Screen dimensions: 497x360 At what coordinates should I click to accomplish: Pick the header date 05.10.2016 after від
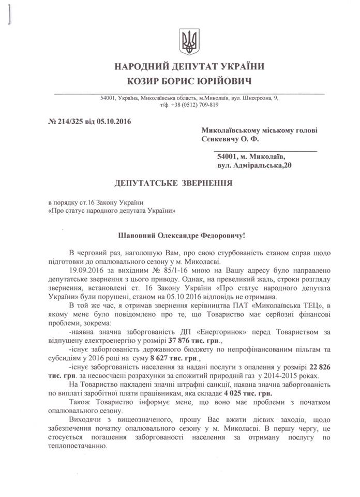[x=114, y=122]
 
